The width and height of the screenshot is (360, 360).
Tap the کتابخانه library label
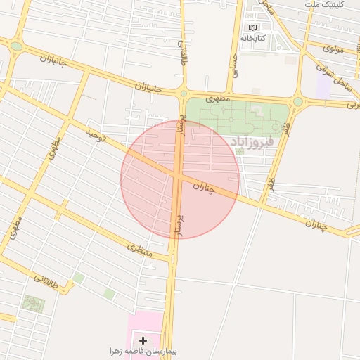[x=252, y=38]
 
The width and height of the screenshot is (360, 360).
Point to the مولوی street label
[x=333, y=49]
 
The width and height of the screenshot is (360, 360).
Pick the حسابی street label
[x=235, y=68]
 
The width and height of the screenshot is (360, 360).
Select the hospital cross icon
[x=143, y=340]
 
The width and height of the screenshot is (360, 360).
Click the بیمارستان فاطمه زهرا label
[x=137, y=351]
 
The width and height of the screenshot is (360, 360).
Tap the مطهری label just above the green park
[x=218, y=101]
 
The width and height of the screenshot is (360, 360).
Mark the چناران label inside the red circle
[x=202, y=186]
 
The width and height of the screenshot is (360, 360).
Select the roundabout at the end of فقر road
[x=297, y=101]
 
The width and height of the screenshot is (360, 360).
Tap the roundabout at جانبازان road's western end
[x=16, y=46]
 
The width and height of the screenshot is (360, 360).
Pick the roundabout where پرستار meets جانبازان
[x=183, y=93]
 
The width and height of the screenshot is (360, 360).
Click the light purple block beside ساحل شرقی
[x=324, y=86]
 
